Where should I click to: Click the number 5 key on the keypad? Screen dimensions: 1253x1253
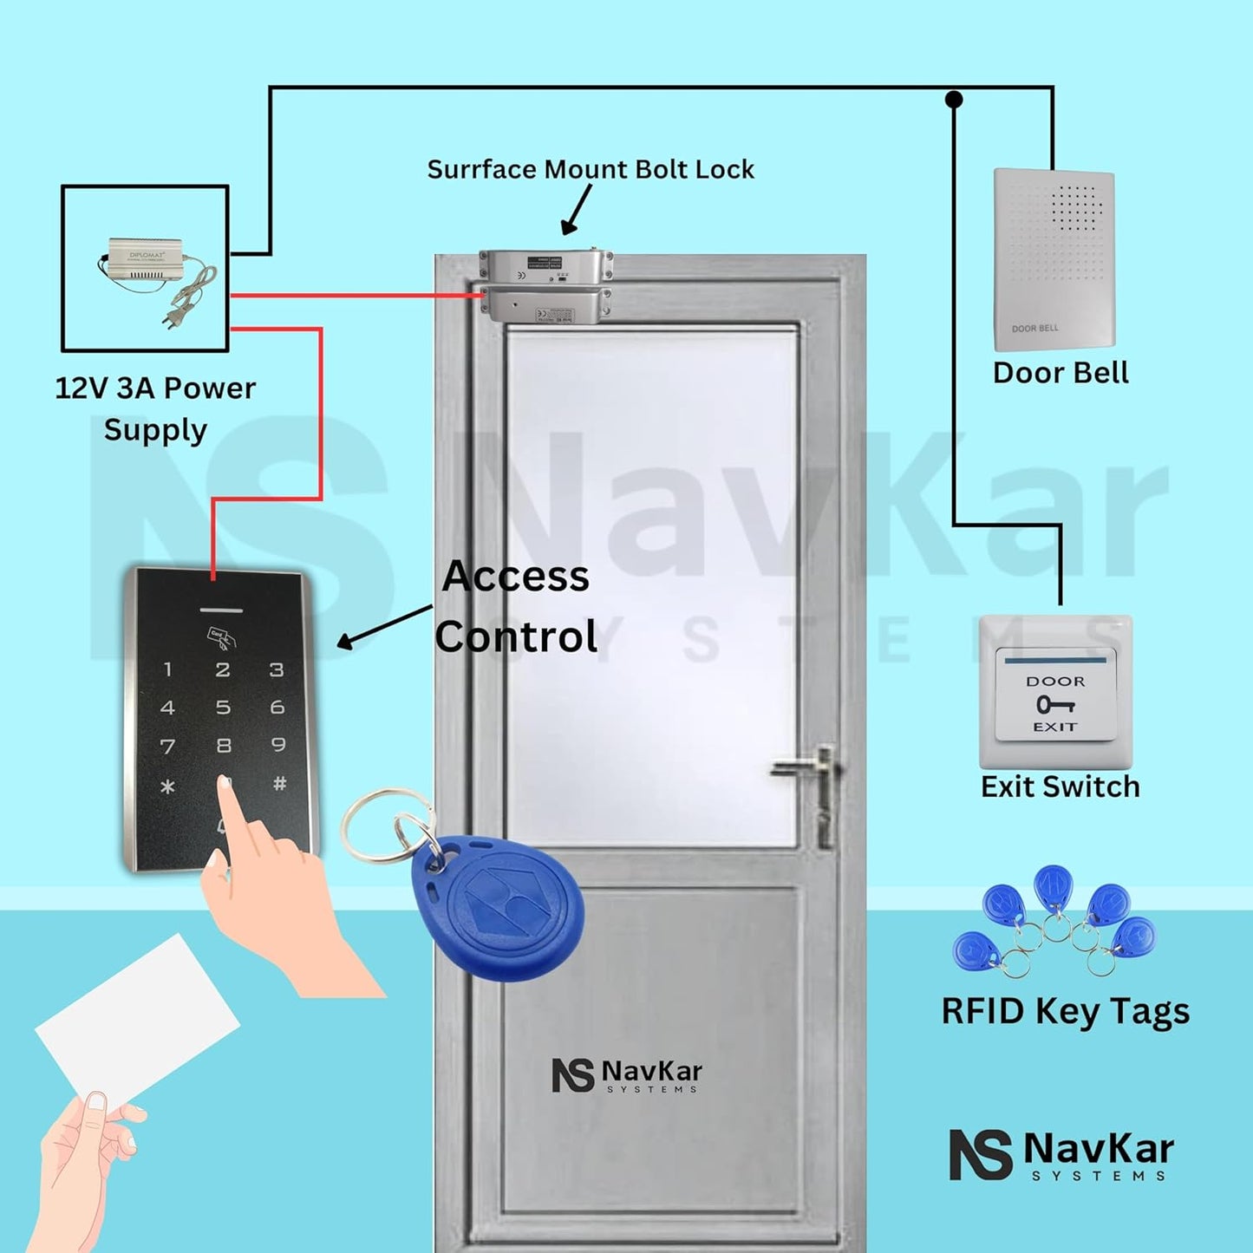[x=223, y=708]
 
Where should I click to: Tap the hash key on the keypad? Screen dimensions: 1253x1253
[x=279, y=784]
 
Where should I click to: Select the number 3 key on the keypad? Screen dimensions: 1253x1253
[x=277, y=669]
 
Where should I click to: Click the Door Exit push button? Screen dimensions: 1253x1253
[x=1055, y=694]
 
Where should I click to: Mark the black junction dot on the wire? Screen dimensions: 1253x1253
[x=954, y=100]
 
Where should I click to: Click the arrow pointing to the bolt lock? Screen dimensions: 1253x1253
[x=577, y=209]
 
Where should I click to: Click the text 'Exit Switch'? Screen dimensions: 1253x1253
[x=1060, y=786]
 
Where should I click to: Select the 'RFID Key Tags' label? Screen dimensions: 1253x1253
[x=1065, y=1012]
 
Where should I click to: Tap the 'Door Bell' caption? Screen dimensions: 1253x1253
[x=1060, y=373]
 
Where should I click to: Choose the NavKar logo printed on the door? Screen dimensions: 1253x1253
[x=626, y=1075]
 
